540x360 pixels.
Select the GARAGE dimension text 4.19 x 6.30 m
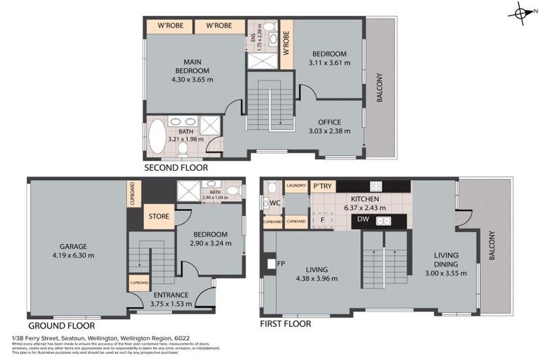coord(73,255)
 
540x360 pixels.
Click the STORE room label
coord(158,217)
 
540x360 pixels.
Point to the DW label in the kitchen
coord(363,220)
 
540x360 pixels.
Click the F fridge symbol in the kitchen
coord(322,220)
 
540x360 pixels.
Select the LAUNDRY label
coord(296,186)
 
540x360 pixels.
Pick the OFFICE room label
coord(329,122)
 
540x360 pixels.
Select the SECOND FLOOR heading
coord(176,168)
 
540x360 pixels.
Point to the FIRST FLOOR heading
coord(285,324)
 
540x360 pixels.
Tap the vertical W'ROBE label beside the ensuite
coord(286,44)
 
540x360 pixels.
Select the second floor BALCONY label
coord(380,88)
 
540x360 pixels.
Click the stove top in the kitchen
coord(376,186)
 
